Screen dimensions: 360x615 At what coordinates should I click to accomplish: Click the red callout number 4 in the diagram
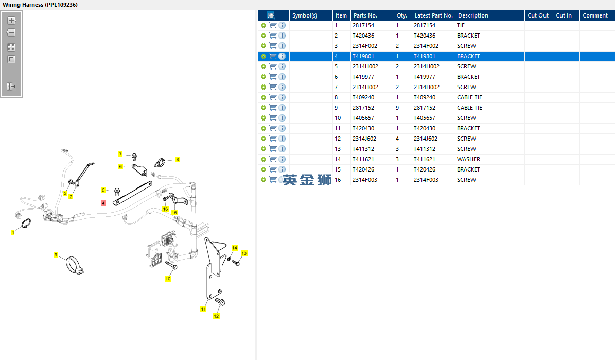coord(103,203)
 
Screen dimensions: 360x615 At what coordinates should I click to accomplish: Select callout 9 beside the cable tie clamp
coord(56,255)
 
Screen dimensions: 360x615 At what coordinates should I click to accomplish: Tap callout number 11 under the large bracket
coord(203,310)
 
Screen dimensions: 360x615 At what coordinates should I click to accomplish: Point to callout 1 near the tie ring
coord(13,233)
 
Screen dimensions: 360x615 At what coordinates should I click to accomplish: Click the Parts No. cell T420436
coord(363,36)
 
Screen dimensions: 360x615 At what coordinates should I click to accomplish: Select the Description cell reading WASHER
coord(468,159)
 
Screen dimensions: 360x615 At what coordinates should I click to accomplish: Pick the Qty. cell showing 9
coord(397,108)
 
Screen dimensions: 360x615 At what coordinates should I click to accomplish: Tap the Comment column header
coord(595,15)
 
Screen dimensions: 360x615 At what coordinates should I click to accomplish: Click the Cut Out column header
coord(538,15)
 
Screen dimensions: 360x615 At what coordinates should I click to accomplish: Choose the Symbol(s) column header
coord(305,15)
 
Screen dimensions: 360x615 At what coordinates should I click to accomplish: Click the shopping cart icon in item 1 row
coord(273,25)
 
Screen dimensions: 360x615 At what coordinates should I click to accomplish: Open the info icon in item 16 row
coord(282,180)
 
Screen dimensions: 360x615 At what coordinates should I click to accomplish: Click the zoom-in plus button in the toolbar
coord(11,21)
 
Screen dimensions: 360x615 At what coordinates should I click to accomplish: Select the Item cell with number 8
coord(336,97)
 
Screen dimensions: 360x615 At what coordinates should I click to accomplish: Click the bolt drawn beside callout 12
coord(220,301)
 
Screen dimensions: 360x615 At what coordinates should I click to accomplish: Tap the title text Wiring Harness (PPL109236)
coord(40,5)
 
